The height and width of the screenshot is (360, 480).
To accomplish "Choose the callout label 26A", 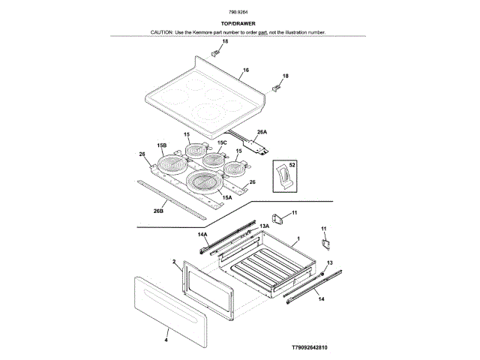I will [x=262, y=132].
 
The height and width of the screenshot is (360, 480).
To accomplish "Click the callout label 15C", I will [x=222, y=142].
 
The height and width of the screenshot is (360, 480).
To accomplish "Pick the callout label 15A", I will [x=227, y=196].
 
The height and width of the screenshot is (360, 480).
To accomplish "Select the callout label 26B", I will [x=158, y=211].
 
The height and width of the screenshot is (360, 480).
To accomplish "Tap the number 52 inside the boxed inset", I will [x=292, y=163].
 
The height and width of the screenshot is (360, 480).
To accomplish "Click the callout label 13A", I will [x=264, y=226].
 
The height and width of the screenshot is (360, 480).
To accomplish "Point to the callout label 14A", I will [x=202, y=234].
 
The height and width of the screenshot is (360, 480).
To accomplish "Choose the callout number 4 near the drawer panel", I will [x=166, y=340].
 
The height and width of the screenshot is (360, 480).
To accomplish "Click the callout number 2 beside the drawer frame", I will [x=173, y=262].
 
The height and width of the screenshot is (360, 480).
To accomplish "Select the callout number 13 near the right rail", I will [x=329, y=262].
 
